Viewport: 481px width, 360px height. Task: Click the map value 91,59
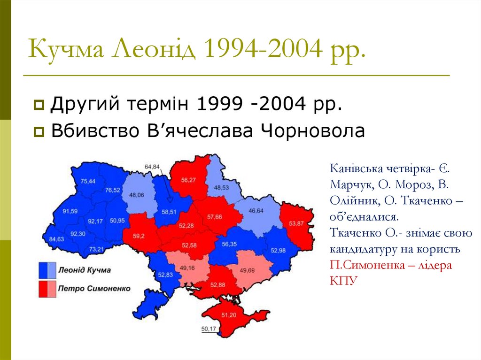point(69,211)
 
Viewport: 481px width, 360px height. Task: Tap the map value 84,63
point(56,239)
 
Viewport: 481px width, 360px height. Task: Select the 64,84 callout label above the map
point(152,167)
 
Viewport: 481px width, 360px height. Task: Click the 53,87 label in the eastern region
point(296,223)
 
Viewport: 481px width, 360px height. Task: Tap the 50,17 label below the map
point(208,329)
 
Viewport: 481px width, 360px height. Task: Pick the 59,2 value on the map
point(139,237)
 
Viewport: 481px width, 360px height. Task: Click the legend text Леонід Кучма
point(85,270)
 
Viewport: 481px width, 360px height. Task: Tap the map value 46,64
point(256,211)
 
